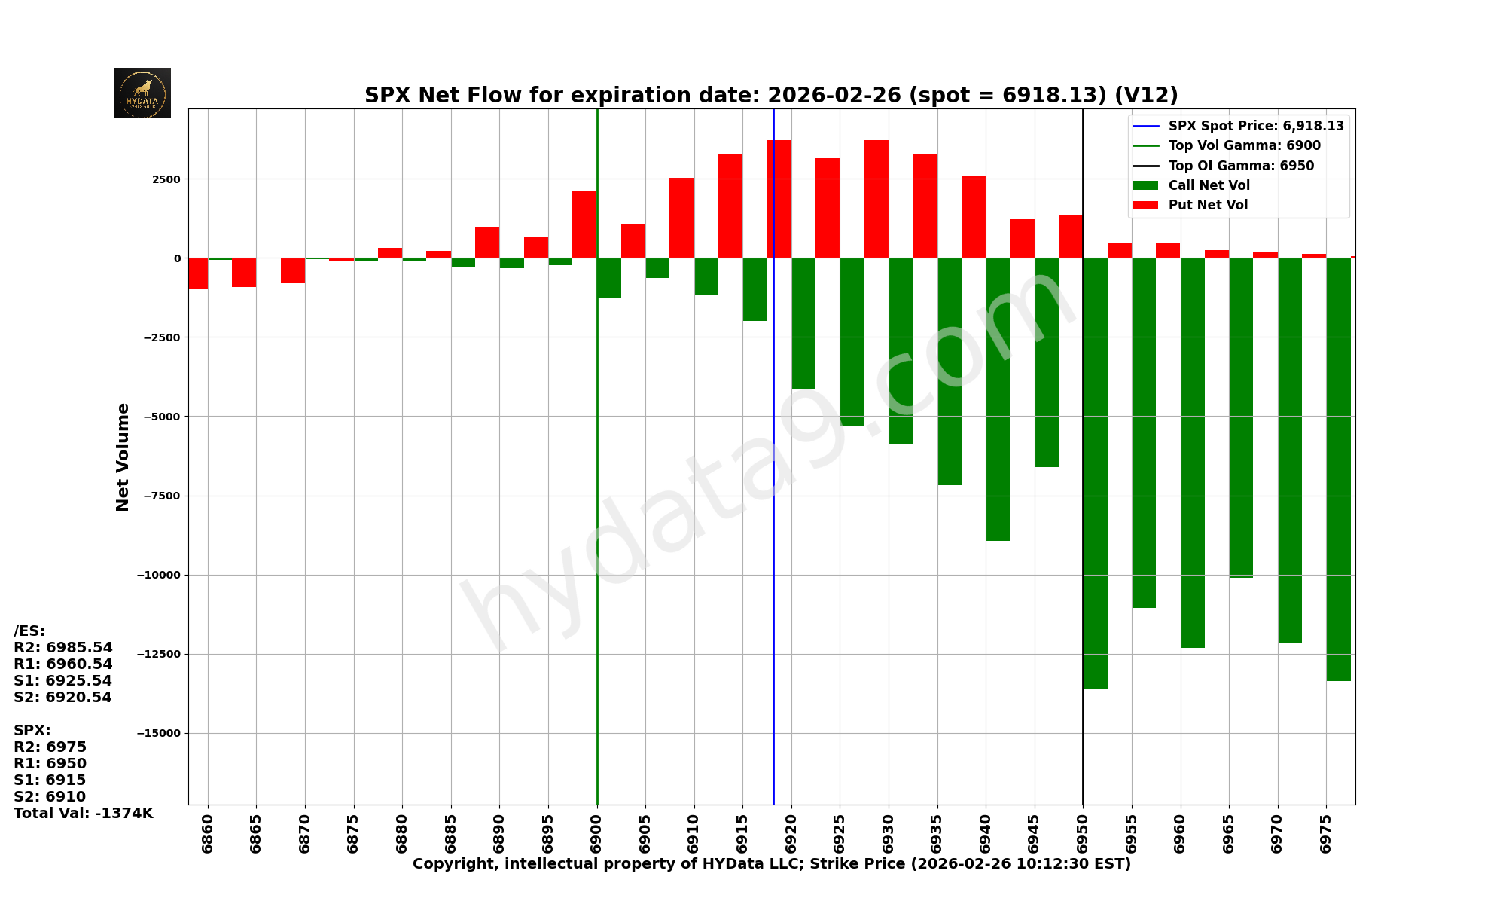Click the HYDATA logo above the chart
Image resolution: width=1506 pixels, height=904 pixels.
coord(142,93)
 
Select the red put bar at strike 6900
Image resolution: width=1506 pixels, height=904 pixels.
coord(584,224)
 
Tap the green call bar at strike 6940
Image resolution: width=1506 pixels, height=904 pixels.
coord(998,399)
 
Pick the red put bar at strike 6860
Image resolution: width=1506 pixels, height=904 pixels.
coord(198,273)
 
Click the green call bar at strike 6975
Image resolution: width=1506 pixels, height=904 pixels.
coord(1338,469)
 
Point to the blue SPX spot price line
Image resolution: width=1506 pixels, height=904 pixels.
coord(773,527)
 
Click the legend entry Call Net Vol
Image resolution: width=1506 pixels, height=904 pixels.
coord(1209,185)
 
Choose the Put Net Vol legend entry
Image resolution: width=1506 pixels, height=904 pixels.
coord(1208,205)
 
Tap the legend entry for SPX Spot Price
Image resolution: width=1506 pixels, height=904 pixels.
coord(1255,126)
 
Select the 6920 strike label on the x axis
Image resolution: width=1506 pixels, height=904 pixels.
coord(791,833)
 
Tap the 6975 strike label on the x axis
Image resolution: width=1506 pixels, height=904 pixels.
coord(1326,833)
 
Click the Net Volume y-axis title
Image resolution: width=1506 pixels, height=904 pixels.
coord(123,457)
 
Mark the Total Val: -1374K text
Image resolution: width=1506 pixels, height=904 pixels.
coord(83,813)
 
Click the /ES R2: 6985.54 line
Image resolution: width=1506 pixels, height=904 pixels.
coord(63,648)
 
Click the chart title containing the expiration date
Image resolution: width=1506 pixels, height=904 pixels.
coord(771,96)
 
